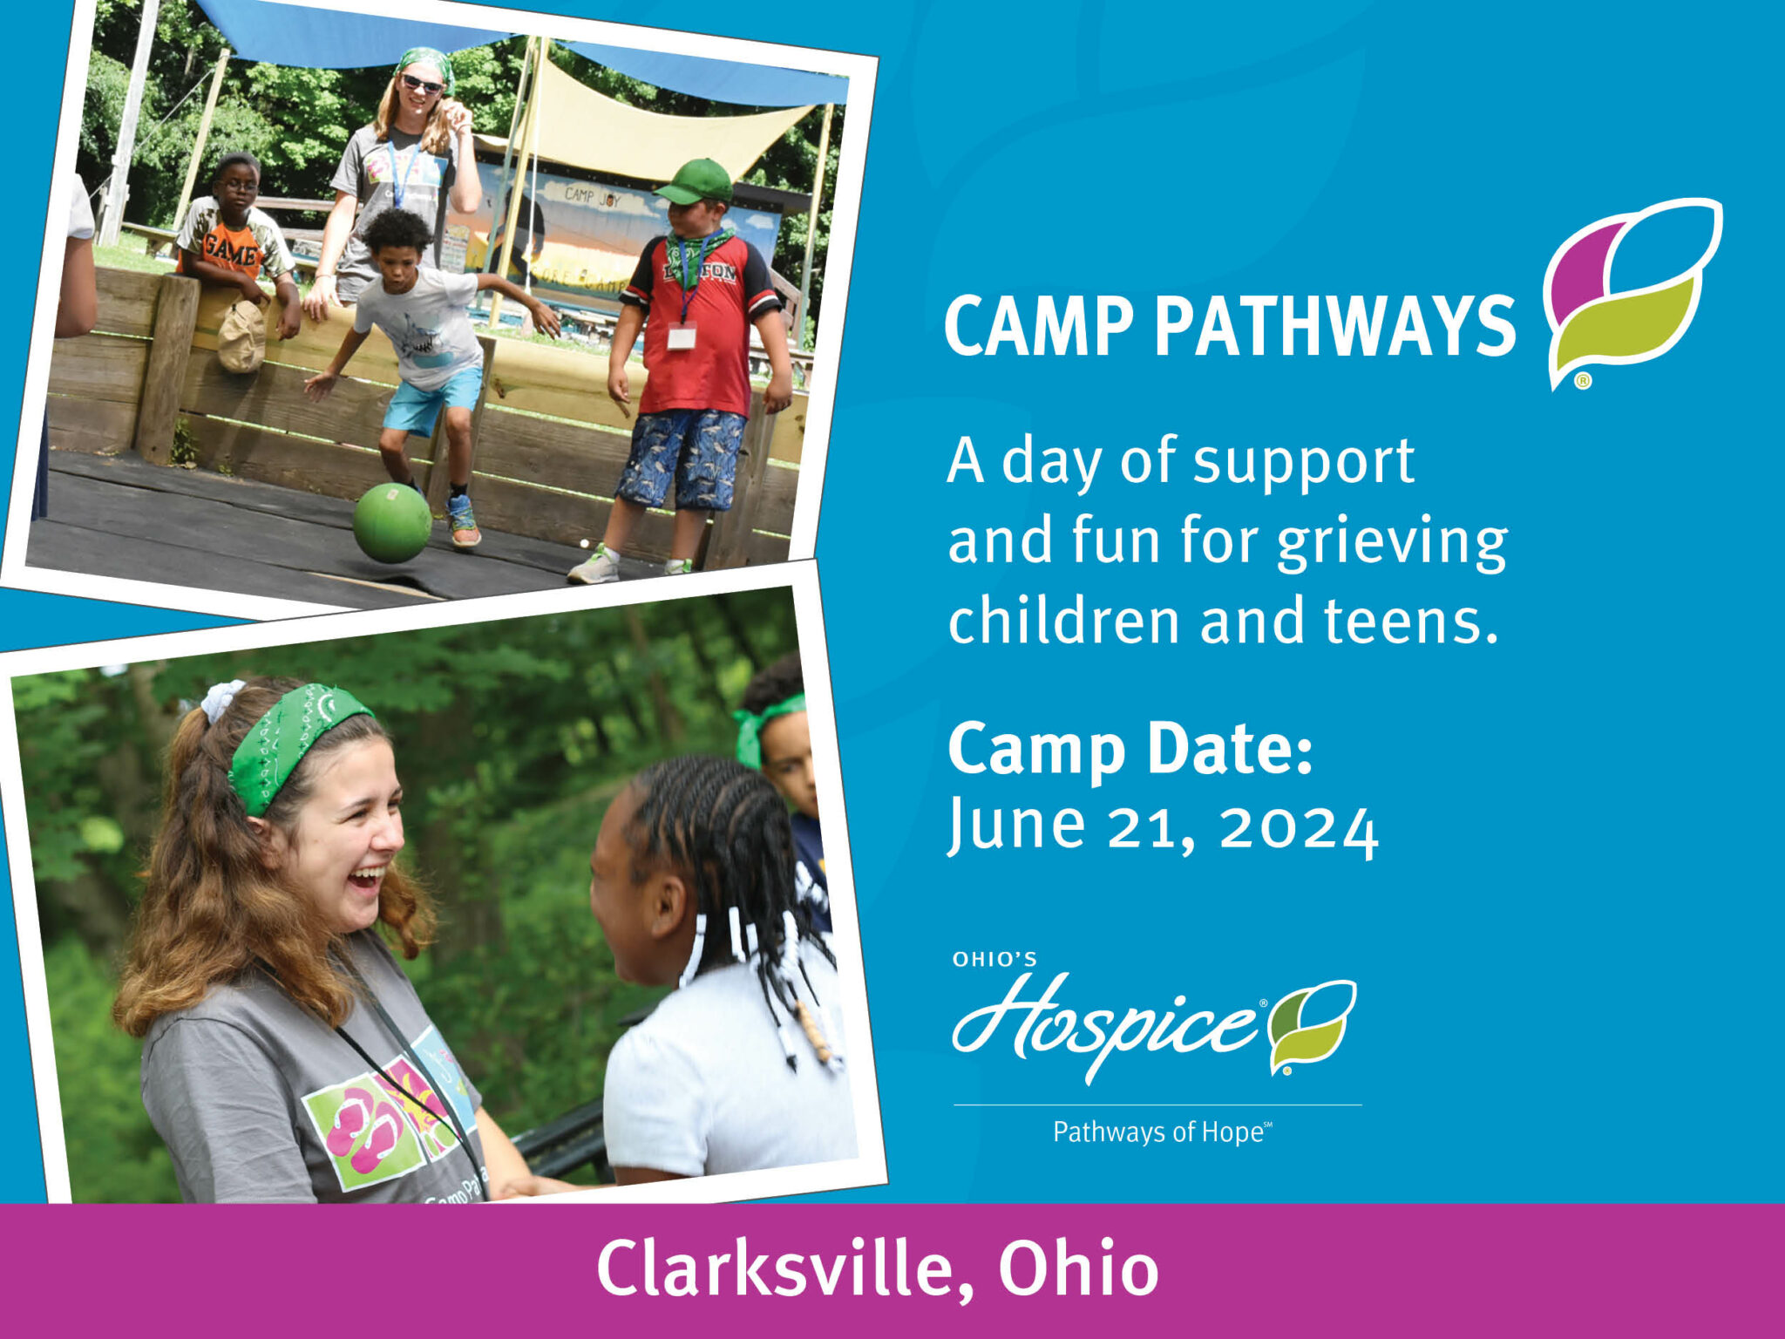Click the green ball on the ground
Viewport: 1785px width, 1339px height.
tap(392, 522)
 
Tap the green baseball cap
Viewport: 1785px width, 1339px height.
tap(696, 181)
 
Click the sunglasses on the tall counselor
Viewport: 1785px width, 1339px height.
tap(422, 84)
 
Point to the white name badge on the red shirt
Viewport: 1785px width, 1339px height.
tap(681, 335)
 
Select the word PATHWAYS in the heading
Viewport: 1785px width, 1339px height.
tap(1334, 326)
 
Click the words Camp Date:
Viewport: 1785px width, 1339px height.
tap(1130, 749)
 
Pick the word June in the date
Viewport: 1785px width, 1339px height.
tap(1016, 824)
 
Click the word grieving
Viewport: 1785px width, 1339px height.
tap(1392, 541)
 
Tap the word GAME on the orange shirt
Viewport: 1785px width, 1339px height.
tap(230, 254)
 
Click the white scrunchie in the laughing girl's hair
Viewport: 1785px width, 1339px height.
tap(221, 700)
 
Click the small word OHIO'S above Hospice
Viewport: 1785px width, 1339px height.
tap(994, 960)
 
